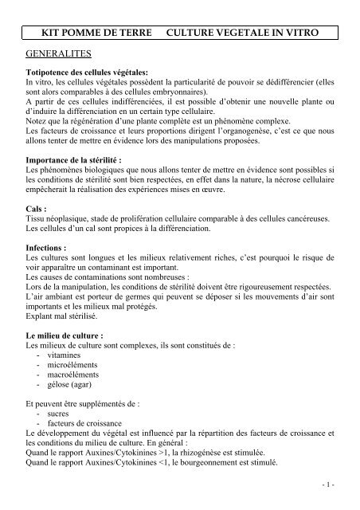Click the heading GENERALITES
(60, 54)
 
